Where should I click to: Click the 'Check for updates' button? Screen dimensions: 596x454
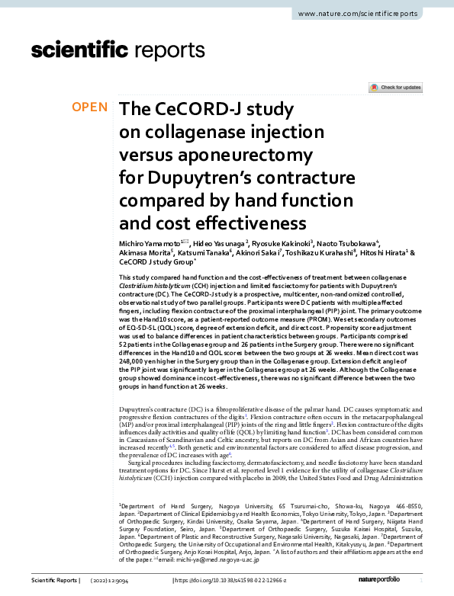(x=395, y=88)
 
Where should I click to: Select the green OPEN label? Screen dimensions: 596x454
(x=90, y=107)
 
